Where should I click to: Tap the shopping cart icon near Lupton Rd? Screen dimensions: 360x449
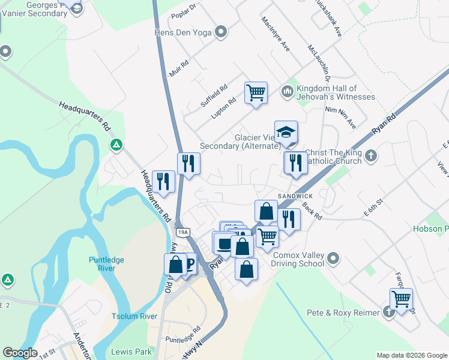point(256,93)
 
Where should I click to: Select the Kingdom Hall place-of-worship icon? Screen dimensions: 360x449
point(287,91)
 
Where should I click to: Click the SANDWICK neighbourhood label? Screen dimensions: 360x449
point(295,197)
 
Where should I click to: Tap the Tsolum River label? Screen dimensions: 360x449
point(134,316)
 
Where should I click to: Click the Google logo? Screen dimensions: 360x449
point(20,353)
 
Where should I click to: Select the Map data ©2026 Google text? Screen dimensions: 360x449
point(411,355)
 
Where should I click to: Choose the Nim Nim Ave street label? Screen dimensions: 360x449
point(340,118)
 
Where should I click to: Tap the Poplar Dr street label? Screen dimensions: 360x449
point(184,10)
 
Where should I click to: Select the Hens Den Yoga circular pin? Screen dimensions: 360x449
point(221,31)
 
